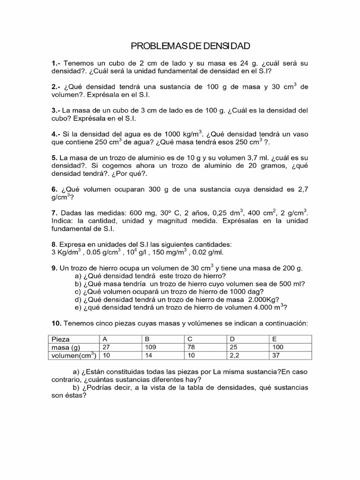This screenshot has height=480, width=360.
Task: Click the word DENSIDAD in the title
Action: coord(229,46)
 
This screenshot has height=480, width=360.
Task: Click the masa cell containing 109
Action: coord(150,347)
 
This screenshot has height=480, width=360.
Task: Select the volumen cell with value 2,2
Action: coord(233,355)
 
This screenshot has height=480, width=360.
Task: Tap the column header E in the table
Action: coord(274,338)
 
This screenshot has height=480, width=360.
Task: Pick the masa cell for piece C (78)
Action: coord(192,347)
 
